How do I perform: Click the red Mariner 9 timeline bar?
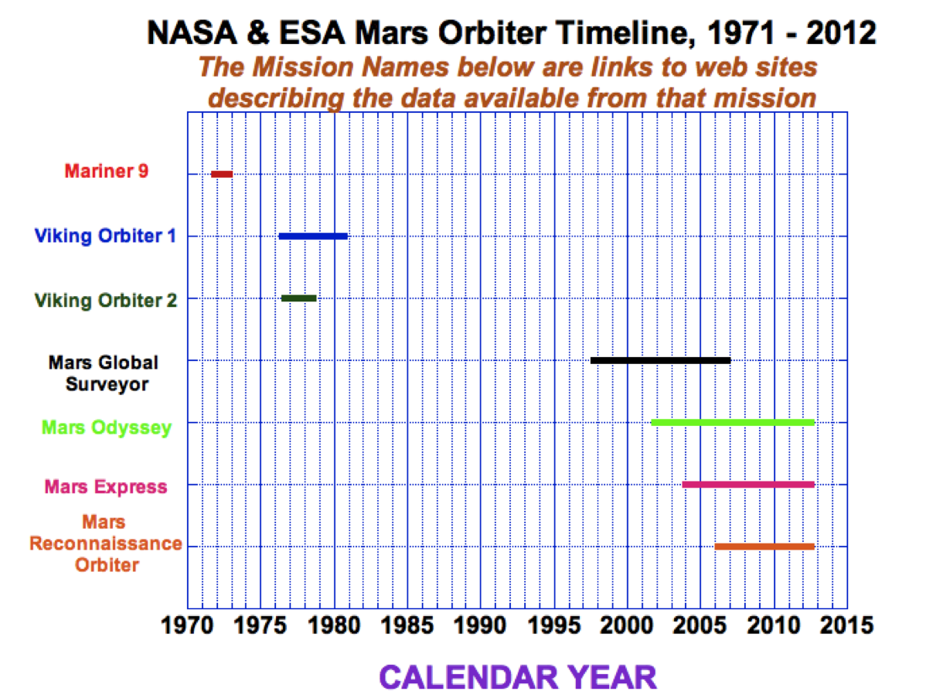(x=222, y=174)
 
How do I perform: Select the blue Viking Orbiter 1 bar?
(x=313, y=236)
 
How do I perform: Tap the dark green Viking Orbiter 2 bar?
(x=299, y=298)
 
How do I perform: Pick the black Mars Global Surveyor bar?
(x=660, y=360)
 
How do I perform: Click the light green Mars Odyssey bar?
(x=733, y=422)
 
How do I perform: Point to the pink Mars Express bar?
(x=748, y=485)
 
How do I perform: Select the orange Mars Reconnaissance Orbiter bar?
(x=764, y=546)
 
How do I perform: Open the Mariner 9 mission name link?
(x=106, y=172)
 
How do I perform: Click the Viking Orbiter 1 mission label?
(x=105, y=236)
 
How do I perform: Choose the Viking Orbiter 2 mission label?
(x=106, y=300)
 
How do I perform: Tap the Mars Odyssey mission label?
(x=107, y=427)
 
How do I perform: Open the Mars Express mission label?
(x=106, y=487)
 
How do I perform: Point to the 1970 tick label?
(x=186, y=624)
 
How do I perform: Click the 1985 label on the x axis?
(x=407, y=624)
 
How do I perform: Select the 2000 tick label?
(x=627, y=624)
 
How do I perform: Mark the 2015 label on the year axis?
(x=847, y=624)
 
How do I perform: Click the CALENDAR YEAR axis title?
(x=518, y=677)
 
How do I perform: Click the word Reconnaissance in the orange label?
(x=106, y=543)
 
